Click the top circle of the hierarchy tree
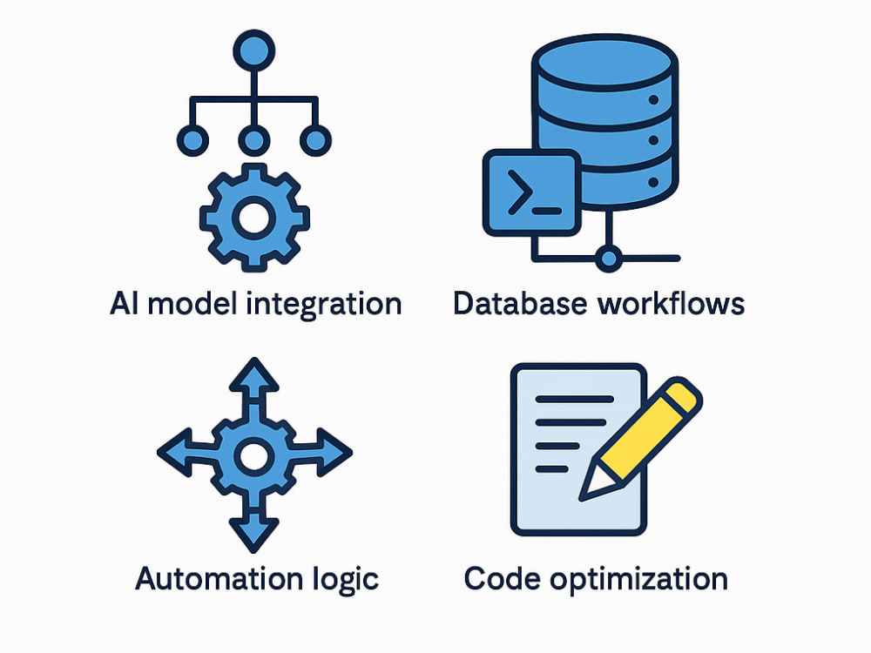pos(253,51)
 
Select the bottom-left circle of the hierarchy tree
pos(192,140)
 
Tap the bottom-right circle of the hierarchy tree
pos(315,140)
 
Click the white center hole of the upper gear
pos(253,218)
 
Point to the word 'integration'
pos(324,304)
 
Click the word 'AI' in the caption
pos(124,304)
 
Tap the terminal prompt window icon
pos(531,192)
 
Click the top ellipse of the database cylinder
pos(604,62)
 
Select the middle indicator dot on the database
pos(653,140)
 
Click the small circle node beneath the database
pos(609,259)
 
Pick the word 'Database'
pos(520,304)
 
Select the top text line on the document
pos(574,400)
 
